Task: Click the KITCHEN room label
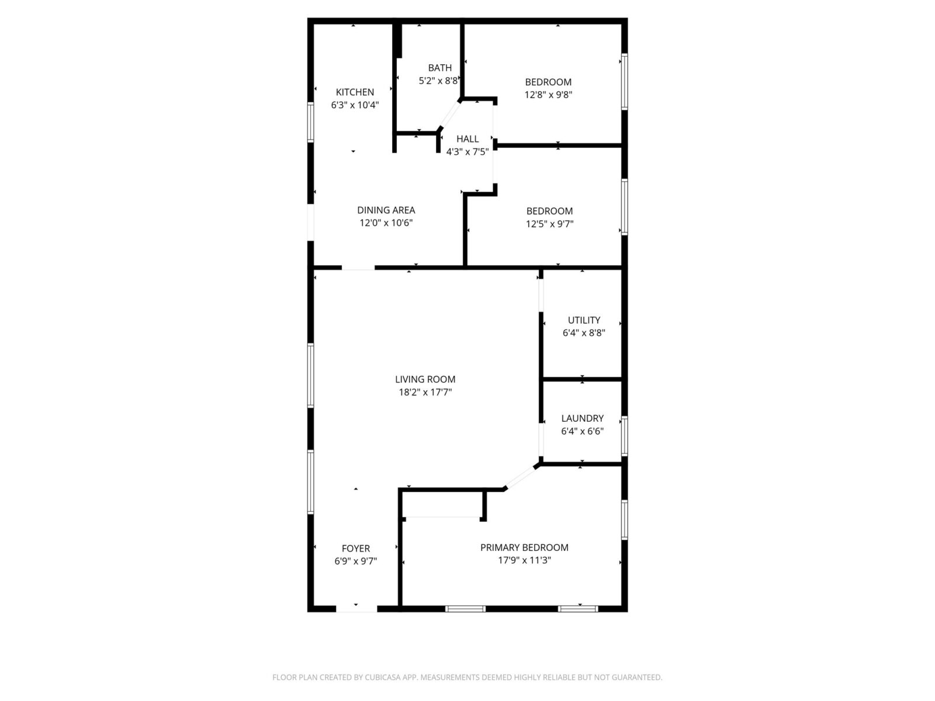pos(354,92)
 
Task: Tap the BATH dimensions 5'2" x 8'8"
pos(438,81)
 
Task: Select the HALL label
pos(467,139)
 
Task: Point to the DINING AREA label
pos(386,210)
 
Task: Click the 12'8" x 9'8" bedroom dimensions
pos(548,95)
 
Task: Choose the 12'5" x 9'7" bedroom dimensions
pos(549,224)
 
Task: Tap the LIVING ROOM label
pos(425,379)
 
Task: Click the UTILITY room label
pos(584,320)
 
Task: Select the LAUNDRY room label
pos(582,418)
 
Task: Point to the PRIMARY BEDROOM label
pos(524,547)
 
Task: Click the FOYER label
pos(356,549)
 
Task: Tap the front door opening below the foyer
pos(356,609)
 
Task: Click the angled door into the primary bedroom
pos(520,477)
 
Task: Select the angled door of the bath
pos(449,114)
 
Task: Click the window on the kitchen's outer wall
pos(310,122)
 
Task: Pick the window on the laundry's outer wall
pos(625,436)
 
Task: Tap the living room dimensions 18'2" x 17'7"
pos(425,392)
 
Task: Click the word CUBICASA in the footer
pos(383,677)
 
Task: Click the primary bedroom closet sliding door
pos(443,517)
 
